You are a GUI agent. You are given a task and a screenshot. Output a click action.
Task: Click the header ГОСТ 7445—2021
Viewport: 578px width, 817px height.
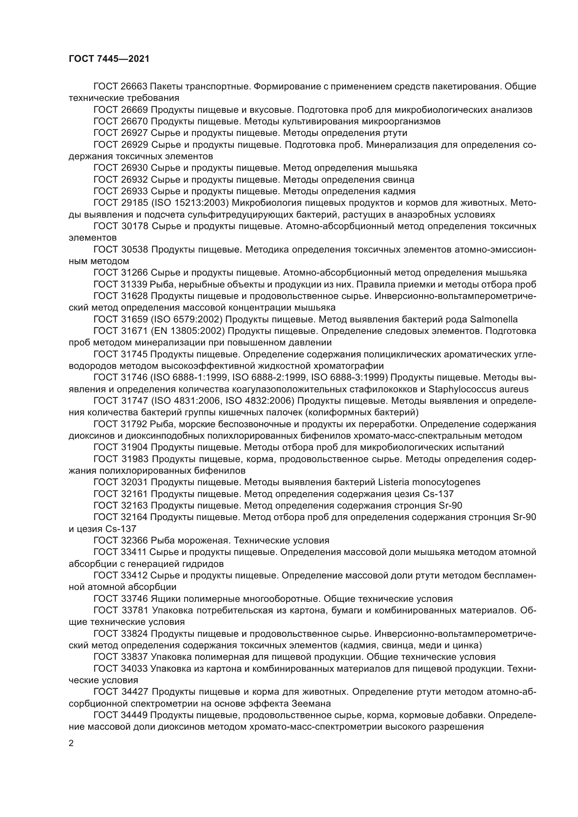tap(109, 59)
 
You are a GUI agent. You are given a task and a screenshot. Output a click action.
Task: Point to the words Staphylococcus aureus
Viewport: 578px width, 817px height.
tap(478, 389)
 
